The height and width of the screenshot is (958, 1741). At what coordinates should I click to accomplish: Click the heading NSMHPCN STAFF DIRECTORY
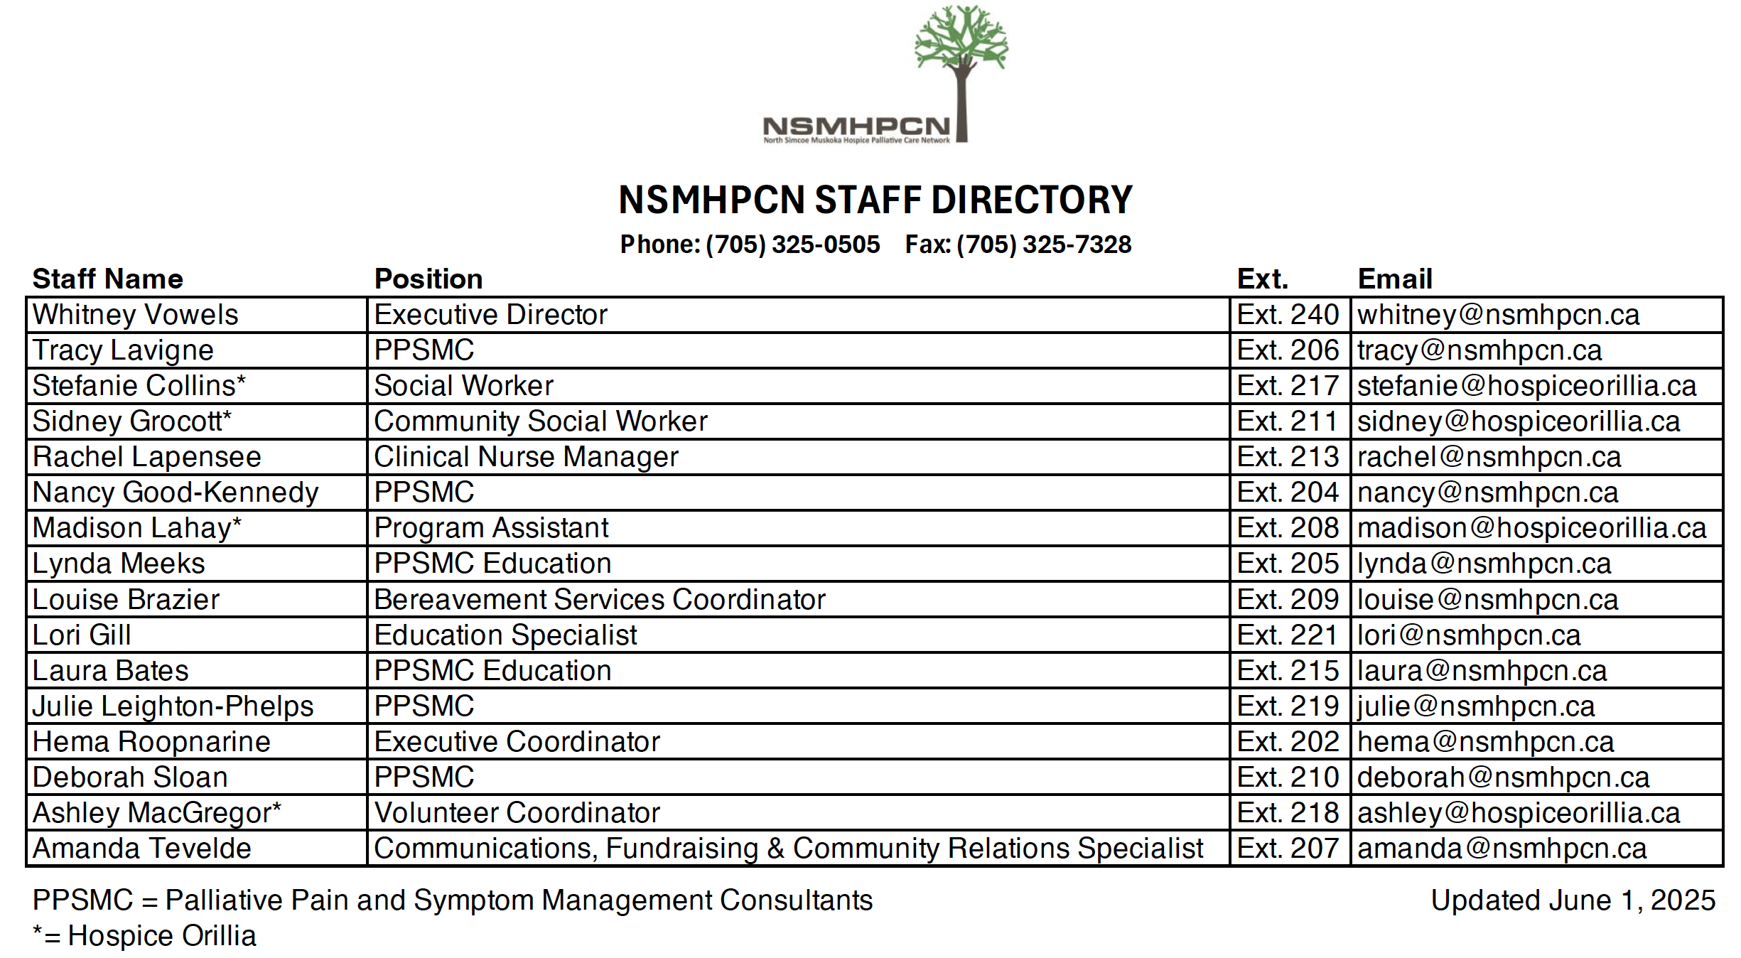point(875,200)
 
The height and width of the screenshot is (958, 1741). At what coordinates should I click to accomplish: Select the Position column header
point(428,279)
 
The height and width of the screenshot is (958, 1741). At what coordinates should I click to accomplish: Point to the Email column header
point(1394,279)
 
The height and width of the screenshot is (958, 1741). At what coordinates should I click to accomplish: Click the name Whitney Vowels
point(135,315)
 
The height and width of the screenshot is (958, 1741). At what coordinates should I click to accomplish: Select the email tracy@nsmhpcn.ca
point(1479,350)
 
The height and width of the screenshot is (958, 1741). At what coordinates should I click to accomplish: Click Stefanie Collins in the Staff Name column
point(139,386)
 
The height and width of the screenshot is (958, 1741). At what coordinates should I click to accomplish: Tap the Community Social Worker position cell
point(540,421)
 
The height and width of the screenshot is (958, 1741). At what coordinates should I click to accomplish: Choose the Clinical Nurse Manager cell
point(526,457)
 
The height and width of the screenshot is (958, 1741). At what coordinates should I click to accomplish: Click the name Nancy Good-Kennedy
point(175,493)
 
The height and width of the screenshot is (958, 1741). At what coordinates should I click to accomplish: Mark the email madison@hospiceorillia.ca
point(1531,528)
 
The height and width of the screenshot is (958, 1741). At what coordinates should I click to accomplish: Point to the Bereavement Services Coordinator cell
point(599,600)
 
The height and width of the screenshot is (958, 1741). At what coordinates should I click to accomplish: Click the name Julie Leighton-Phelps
point(173,706)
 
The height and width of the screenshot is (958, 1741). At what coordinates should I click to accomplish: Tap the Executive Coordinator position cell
point(517,742)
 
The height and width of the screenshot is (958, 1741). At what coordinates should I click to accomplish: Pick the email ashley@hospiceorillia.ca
point(1518,813)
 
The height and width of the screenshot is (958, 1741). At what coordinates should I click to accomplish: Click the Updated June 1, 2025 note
point(1573,900)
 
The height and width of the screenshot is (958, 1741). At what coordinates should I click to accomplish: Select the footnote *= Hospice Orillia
point(144,936)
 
